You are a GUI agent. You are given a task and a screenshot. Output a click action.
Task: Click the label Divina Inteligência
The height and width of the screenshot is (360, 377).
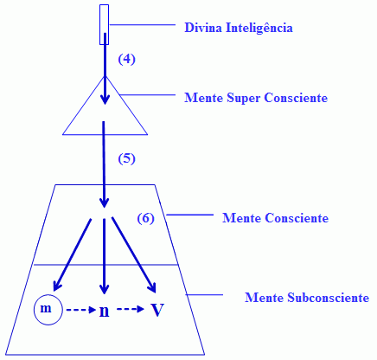coord(239,28)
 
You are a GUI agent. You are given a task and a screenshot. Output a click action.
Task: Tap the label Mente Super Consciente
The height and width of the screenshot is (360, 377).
coord(256,98)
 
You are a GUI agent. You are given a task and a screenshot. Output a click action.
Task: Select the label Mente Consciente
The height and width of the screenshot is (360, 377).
coord(275,218)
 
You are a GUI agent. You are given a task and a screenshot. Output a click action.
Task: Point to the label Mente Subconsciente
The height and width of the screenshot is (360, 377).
coord(307,298)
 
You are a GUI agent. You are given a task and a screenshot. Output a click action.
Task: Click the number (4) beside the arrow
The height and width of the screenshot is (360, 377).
coord(126,59)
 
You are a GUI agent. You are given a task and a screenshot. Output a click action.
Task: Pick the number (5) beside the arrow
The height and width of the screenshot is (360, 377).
coord(126,159)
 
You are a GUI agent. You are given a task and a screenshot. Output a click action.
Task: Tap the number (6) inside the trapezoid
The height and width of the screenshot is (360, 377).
coord(145,218)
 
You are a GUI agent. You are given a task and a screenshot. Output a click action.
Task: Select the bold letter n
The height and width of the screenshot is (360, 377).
coord(104,312)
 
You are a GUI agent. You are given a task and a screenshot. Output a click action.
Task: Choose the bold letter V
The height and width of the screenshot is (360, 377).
coord(157,310)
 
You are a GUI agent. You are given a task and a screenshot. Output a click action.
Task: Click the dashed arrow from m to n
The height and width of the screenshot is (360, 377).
coord(80,310)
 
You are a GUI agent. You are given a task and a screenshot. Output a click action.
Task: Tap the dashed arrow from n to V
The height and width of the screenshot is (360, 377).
coord(131,309)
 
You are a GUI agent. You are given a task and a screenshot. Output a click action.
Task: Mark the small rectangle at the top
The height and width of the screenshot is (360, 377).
coord(104,24)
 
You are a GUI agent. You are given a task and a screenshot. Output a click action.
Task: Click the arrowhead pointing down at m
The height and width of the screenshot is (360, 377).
coord(57,286)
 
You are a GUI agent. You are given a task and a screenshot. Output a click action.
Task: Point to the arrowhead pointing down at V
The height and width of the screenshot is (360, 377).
coord(152,287)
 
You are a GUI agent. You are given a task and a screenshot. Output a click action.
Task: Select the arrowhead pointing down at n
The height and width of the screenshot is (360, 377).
coord(104,289)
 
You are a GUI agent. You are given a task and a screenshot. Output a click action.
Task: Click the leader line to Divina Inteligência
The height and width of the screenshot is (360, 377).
coord(142,25)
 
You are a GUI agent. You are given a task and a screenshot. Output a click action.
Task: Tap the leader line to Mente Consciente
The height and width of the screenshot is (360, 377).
coord(189,215)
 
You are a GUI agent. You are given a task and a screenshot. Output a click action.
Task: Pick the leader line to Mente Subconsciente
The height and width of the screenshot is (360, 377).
coord(204,295)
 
